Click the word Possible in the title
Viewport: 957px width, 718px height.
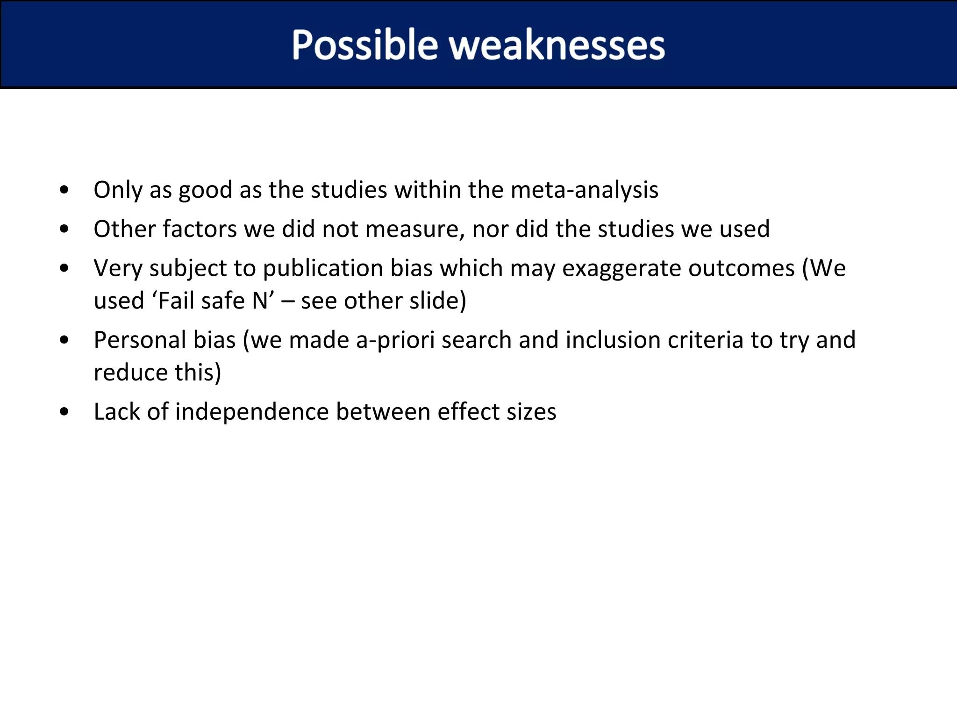click(x=364, y=45)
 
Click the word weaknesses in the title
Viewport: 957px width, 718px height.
click(x=557, y=45)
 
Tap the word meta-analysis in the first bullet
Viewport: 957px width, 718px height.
click(x=584, y=190)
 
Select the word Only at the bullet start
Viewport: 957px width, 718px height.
click(x=117, y=191)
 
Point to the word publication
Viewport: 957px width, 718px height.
click(x=323, y=269)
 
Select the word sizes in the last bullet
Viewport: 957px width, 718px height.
click(x=532, y=412)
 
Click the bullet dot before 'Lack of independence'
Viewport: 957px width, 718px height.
click(x=64, y=412)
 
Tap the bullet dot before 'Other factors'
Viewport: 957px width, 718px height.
click(x=64, y=229)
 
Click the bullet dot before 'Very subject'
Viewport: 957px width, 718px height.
click(x=64, y=268)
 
